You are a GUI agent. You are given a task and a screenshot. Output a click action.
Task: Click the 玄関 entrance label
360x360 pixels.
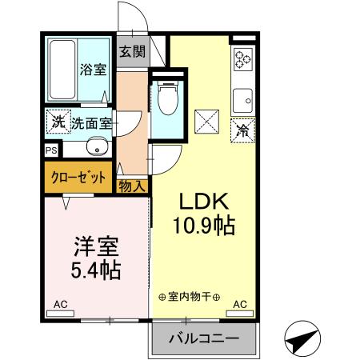click(133, 52)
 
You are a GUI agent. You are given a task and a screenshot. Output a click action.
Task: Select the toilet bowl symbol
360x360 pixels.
click(167, 102)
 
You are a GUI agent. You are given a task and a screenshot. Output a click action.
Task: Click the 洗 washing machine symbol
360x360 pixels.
click(57, 122)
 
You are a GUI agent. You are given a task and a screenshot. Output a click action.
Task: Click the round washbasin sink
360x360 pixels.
click(97, 148)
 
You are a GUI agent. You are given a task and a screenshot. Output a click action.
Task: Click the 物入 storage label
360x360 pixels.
click(133, 186)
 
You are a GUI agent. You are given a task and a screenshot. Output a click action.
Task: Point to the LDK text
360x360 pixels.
click(204, 201)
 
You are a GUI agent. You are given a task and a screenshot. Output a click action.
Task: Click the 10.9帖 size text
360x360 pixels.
click(204, 226)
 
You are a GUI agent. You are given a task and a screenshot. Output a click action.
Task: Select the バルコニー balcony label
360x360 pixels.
click(203, 339)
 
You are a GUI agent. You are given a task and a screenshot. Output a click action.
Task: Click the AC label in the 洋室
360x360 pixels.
click(61, 305)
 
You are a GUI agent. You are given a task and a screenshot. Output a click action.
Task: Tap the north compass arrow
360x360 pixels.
click(302, 342)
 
